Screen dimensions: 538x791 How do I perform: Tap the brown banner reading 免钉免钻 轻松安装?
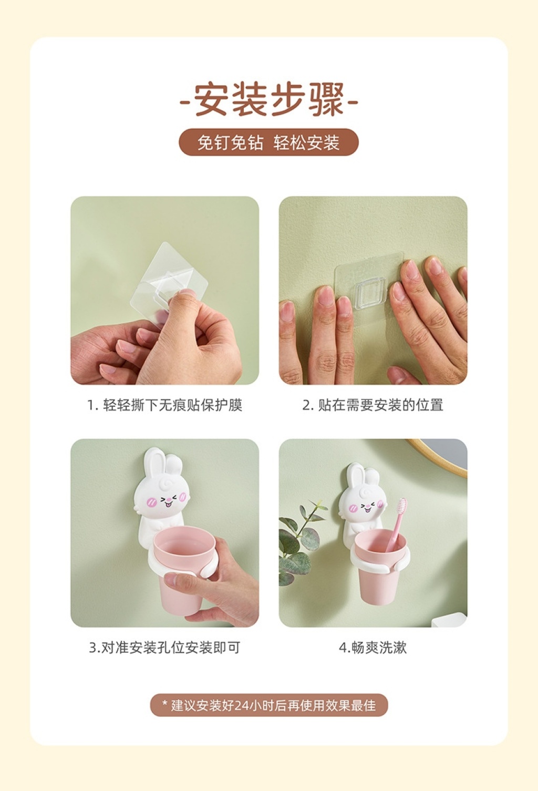point(269,142)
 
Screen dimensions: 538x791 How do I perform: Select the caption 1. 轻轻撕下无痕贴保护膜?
point(165,405)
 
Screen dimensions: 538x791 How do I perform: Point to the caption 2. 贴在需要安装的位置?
point(373,405)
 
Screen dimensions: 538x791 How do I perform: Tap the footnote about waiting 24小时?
point(269,706)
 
